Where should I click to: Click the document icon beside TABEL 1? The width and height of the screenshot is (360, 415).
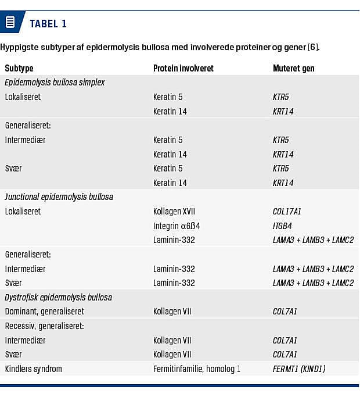(10, 23)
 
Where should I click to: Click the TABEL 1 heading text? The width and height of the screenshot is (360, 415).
(48, 24)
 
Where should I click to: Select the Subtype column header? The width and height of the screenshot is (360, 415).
(19, 68)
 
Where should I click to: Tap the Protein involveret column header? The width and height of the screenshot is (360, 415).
(183, 68)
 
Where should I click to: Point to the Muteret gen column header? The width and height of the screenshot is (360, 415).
(293, 68)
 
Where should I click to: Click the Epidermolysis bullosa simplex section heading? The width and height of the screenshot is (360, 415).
(55, 83)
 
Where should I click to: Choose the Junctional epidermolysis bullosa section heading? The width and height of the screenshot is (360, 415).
(59, 197)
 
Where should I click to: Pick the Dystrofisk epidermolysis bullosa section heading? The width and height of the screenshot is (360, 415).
(58, 297)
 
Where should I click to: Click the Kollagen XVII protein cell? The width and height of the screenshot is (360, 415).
(174, 212)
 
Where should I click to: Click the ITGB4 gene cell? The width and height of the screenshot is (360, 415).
(283, 226)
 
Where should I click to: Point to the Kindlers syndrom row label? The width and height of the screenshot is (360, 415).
(33, 369)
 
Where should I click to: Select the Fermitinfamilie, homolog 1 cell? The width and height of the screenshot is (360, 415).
(196, 369)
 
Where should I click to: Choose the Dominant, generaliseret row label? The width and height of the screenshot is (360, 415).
(44, 312)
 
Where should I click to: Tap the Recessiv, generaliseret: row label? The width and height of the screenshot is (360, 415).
(44, 326)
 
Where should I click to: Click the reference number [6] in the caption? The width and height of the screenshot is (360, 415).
(313, 46)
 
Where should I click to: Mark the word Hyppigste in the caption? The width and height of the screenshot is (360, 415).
(17, 46)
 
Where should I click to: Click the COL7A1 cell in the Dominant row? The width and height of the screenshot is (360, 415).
(285, 312)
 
